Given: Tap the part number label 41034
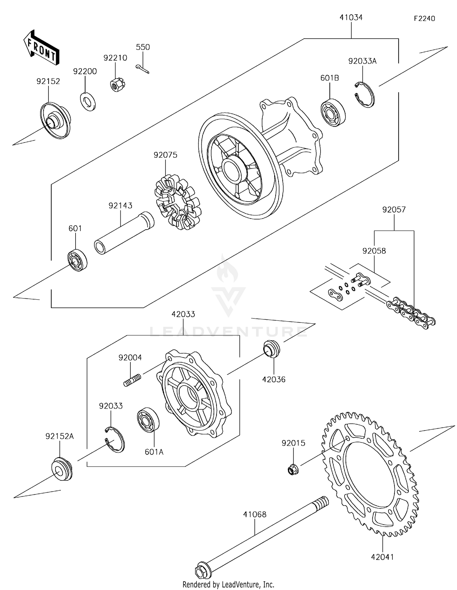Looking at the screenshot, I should coord(351,18).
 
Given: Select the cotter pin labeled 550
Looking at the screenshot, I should coord(142,69).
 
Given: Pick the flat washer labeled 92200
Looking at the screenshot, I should coord(88,101).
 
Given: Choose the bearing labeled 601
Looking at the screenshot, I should coord(77,260).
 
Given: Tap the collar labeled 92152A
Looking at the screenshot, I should coord(62,469).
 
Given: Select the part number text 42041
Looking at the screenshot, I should coord(382,557).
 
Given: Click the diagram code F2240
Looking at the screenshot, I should coord(424,19).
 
